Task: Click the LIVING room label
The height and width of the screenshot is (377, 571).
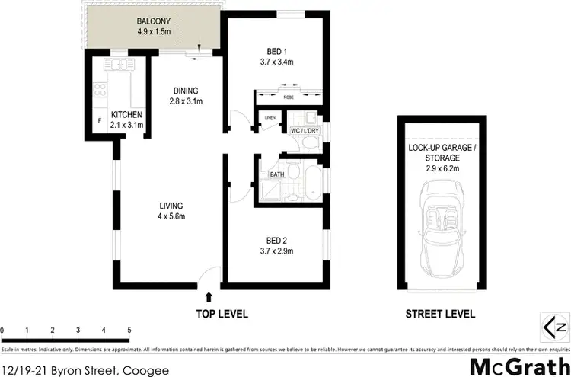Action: click(171, 206)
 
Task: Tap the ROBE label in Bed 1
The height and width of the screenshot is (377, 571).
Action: click(286, 97)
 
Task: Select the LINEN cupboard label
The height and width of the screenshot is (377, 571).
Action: click(270, 117)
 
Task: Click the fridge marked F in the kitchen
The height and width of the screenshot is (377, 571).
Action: click(98, 121)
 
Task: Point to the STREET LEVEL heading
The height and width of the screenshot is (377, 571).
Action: click(440, 314)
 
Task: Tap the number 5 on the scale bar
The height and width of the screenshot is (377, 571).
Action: click(129, 330)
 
